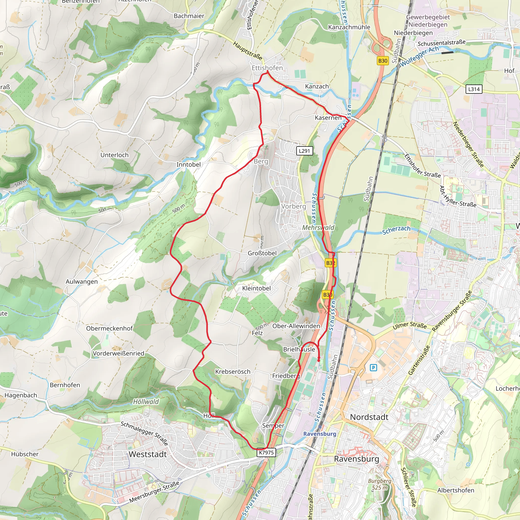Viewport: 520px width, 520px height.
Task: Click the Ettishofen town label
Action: point(267,68)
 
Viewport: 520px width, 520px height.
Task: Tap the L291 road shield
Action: point(304,151)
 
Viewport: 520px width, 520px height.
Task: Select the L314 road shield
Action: point(474,89)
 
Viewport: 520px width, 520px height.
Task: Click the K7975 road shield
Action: point(266,452)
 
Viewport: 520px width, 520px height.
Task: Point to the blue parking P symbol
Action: point(373,367)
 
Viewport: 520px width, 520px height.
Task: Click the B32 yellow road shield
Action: point(331,263)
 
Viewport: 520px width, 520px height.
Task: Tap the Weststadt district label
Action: point(148,454)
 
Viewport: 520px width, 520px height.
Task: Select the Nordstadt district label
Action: point(369,417)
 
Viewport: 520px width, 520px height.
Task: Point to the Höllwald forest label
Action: point(146,402)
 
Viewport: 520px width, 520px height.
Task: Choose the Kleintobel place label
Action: point(256,288)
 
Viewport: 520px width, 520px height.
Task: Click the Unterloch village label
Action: point(115,155)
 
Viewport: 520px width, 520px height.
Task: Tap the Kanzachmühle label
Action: point(349,27)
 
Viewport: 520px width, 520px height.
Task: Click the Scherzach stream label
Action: point(396,230)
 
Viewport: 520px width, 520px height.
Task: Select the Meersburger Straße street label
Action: point(154,492)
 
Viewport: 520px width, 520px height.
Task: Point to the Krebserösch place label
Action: point(233,372)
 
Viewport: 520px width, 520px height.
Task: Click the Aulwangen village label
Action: point(82,282)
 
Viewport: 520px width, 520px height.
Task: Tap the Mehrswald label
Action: point(318,227)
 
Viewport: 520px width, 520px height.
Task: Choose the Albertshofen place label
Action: point(456,490)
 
